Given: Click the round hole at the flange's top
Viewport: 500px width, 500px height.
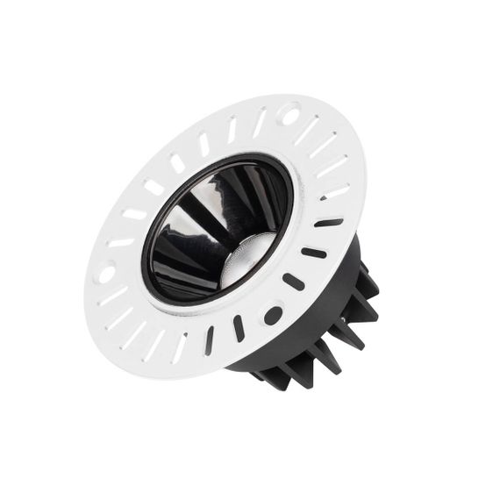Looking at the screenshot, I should tap(289, 112).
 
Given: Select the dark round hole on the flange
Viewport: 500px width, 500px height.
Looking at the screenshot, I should tap(273, 313).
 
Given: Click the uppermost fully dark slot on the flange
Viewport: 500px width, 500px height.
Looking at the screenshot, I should tap(329, 223).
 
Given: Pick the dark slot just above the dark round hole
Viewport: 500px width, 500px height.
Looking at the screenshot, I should tap(296, 282).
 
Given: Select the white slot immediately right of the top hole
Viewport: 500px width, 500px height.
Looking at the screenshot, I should tap(308, 130).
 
